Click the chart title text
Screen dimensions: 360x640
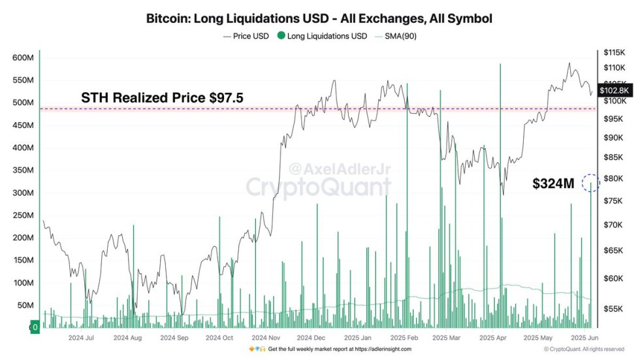coord(319,18)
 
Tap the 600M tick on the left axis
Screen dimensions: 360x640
coord(23,58)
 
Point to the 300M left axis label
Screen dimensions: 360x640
coord(23,193)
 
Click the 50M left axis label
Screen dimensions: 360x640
coord(25,306)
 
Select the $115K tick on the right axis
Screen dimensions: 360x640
coord(615,52)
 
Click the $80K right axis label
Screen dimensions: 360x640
coord(615,178)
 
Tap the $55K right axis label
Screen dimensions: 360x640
coord(615,308)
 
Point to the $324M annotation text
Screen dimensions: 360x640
coord(553,184)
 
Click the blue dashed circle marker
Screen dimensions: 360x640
coord(590,183)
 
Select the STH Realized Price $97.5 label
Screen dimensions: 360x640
coord(162,98)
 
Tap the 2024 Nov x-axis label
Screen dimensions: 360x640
coord(266,338)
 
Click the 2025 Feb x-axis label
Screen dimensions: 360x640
coord(403,338)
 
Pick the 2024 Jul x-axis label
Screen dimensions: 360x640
coord(82,338)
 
